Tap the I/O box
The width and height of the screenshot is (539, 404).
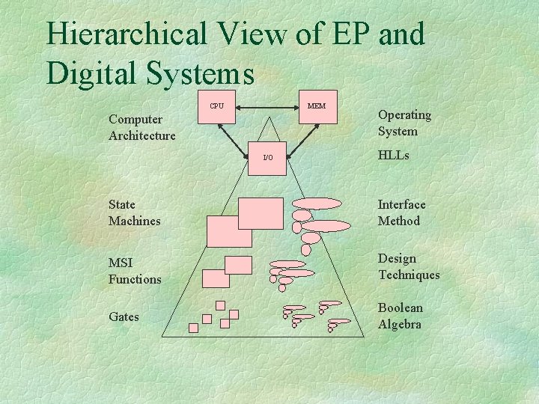pyautogui.click(x=267, y=158)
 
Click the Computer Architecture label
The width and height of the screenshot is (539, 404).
pyautogui.click(x=142, y=127)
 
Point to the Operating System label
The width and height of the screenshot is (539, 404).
pyautogui.click(x=404, y=123)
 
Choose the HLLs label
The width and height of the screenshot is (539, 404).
pyautogui.click(x=394, y=156)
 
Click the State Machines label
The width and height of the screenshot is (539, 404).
pyautogui.click(x=135, y=212)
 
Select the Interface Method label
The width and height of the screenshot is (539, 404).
pyautogui.click(x=402, y=212)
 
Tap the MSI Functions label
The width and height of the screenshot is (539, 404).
pyautogui.click(x=135, y=271)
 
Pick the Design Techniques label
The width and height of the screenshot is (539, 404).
pyautogui.click(x=409, y=266)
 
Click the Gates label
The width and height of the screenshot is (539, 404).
pyautogui.click(x=124, y=316)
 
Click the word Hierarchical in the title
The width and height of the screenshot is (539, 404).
pyautogui.click(x=124, y=34)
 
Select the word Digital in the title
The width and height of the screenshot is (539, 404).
pyautogui.click(x=90, y=73)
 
